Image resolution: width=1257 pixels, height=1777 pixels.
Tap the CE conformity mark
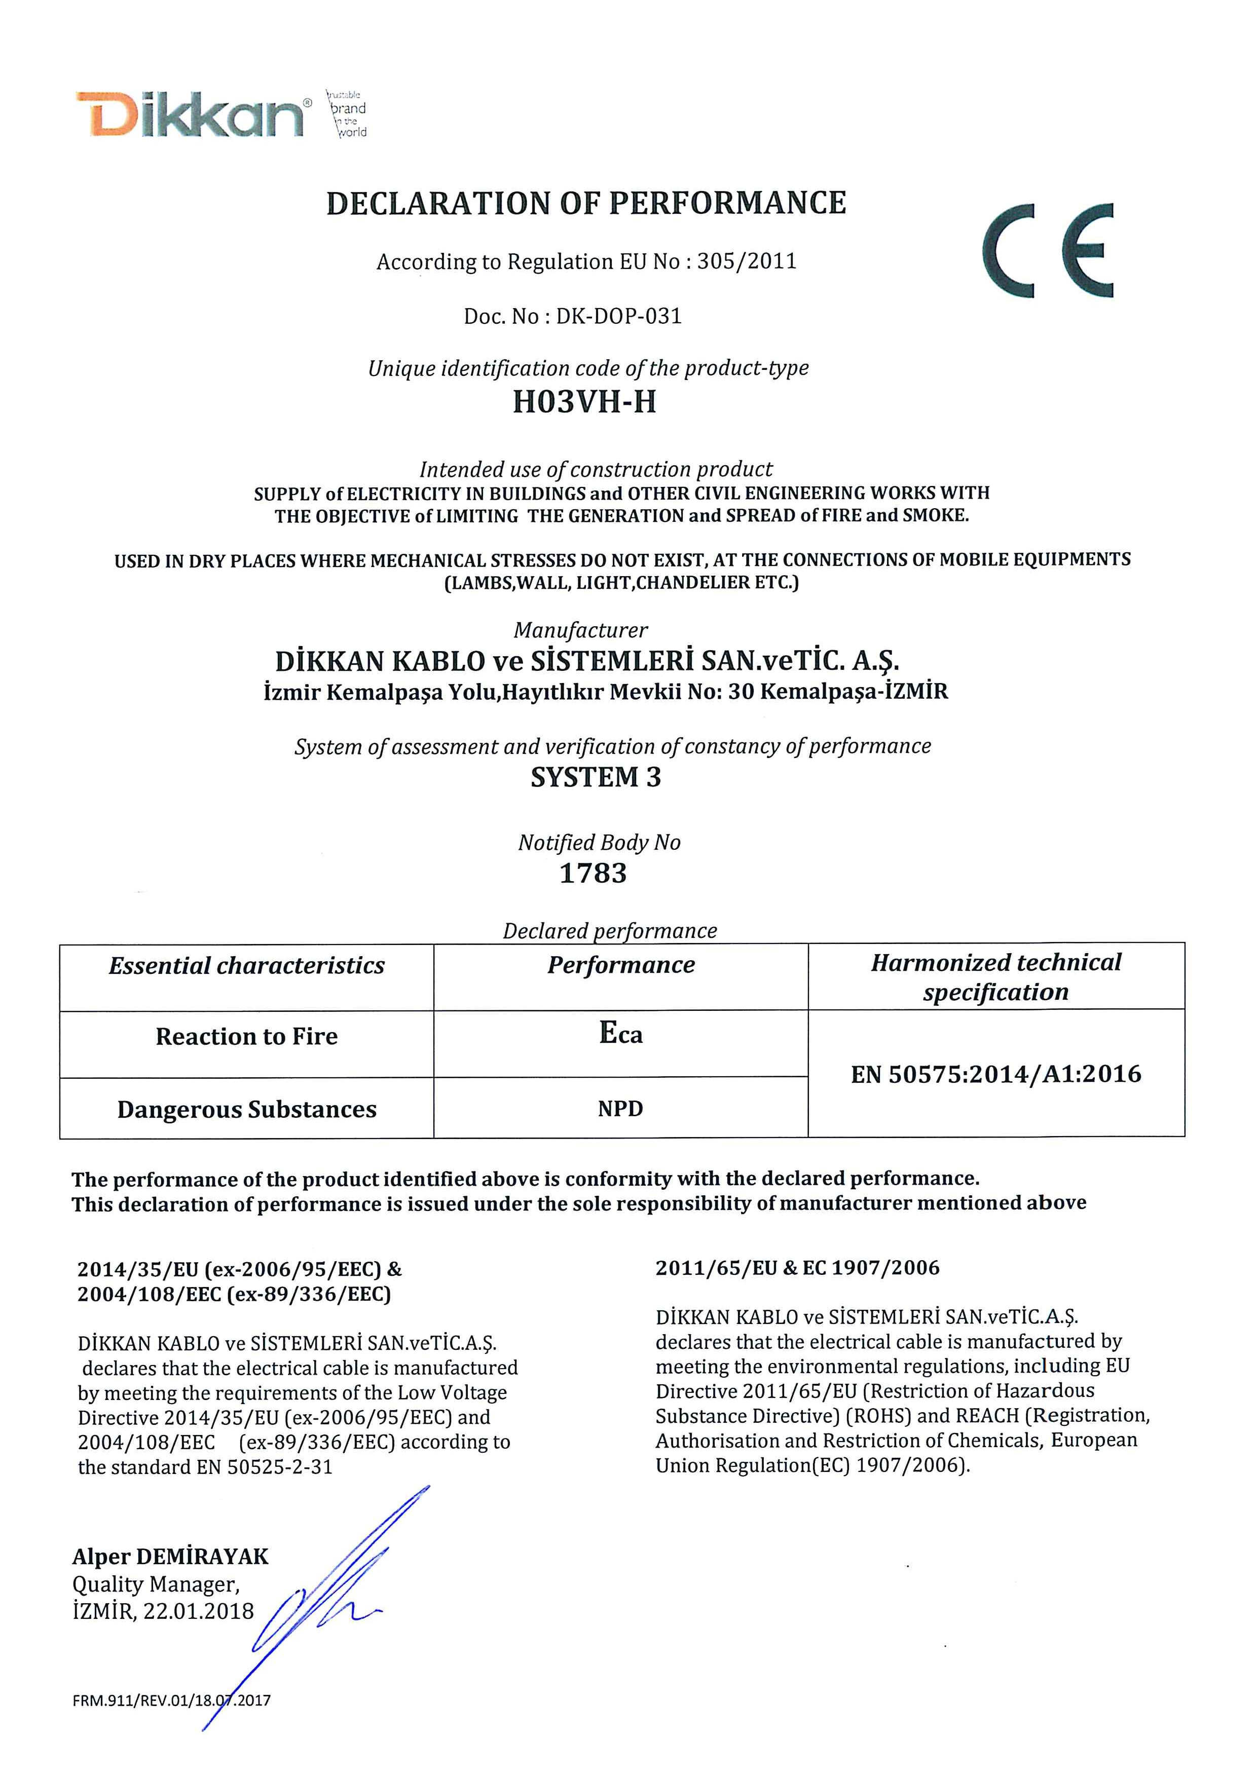(1048, 251)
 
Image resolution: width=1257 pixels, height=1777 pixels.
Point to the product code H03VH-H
(584, 402)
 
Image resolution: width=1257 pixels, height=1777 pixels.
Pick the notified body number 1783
(593, 874)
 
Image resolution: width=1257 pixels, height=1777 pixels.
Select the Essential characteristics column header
(246, 966)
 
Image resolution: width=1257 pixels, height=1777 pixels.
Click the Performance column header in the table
(621, 965)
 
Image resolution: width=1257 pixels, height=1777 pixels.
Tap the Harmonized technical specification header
(995, 977)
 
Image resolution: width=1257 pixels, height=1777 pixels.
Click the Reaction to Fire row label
(246, 1037)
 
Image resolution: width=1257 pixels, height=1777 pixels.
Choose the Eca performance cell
(621, 1034)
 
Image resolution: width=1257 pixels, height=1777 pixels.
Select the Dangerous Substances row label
(246, 1110)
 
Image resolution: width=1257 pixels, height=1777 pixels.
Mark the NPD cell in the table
(621, 1109)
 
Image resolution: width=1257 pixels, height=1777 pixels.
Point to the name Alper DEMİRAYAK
(170, 1557)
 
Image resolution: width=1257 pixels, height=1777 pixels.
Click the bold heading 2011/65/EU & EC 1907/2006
(797, 1268)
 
